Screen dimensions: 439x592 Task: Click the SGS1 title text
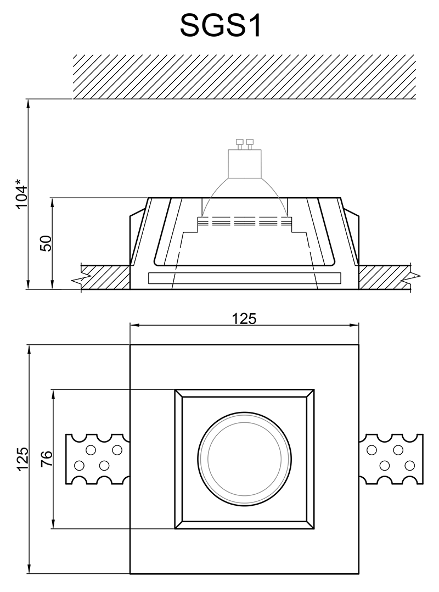point(221,26)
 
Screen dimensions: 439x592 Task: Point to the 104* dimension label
point(21,196)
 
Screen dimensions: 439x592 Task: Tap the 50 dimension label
point(46,243)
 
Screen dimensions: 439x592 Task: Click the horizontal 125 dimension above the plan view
point(244,319)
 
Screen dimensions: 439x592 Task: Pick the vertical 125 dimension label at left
point(22,459)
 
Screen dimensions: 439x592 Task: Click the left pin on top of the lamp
point(239,144)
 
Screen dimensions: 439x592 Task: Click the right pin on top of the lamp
point(249,144)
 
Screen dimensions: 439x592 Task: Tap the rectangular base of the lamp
point(244,164)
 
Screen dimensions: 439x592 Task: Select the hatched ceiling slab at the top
point(244,77)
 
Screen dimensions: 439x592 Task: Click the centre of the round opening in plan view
point(244,459)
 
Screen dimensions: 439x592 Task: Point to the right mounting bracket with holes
point(391,459)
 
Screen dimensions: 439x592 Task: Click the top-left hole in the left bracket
point(91,450)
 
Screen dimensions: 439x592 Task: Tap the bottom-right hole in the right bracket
point(409,466)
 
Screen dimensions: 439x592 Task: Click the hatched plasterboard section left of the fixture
point(106,277)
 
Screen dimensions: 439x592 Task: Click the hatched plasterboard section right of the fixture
point(384,277)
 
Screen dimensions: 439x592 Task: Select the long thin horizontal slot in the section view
point(245,278)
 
